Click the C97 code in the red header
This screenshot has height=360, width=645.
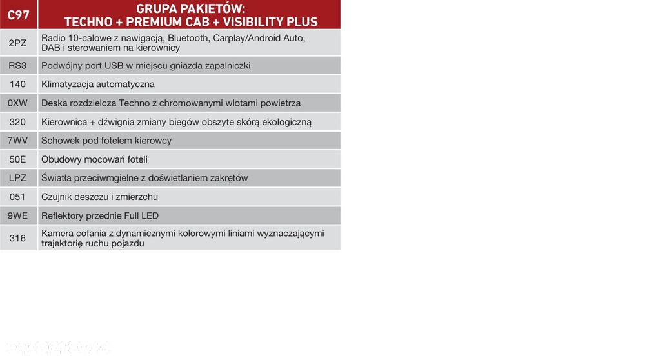click(19, 15)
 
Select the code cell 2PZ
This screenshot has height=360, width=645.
click(17, 43)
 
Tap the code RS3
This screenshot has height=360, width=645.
click(17, 65)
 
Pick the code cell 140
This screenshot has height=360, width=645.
click(17, 84)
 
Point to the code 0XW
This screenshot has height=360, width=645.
click(17, 103)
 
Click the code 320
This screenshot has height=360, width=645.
click(17, 122)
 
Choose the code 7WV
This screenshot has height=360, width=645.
click(17, 140)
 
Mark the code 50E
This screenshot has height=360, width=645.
click(17, 159)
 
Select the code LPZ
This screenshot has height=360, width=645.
click(17, 177)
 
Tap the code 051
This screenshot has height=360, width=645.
click(17, 197)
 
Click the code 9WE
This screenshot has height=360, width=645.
click(17, 215)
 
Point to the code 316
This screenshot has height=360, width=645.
click(17, 238)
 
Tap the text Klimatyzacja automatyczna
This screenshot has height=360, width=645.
click(98, 85)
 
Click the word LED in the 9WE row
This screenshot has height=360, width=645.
click(150, 215)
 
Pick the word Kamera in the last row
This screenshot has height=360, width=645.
click(56, 234)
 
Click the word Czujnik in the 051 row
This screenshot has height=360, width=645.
click(56, 197)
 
